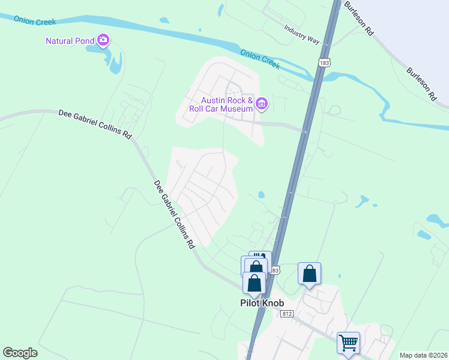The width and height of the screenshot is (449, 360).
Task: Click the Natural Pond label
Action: coord(70,41)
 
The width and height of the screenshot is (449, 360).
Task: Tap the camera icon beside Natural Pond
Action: coord(104,40)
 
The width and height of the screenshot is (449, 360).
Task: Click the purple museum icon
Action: coord(262,104)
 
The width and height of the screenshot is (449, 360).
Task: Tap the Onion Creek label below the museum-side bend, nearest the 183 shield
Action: coord(260,59)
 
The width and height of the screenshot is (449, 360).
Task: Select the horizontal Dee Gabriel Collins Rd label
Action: coord(95,124)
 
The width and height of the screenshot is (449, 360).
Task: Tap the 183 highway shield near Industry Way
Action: coord(325,62)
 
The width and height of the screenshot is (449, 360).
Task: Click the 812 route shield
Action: coord(286,314)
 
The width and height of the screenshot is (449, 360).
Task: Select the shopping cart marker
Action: coord(348,343)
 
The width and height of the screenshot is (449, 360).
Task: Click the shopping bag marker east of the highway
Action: coord(310,274)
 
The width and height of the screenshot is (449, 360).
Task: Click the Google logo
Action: coord(20,353)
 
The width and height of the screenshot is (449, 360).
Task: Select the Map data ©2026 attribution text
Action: coord(423,355)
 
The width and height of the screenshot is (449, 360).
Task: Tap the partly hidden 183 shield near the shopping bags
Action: coord(276,271)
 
